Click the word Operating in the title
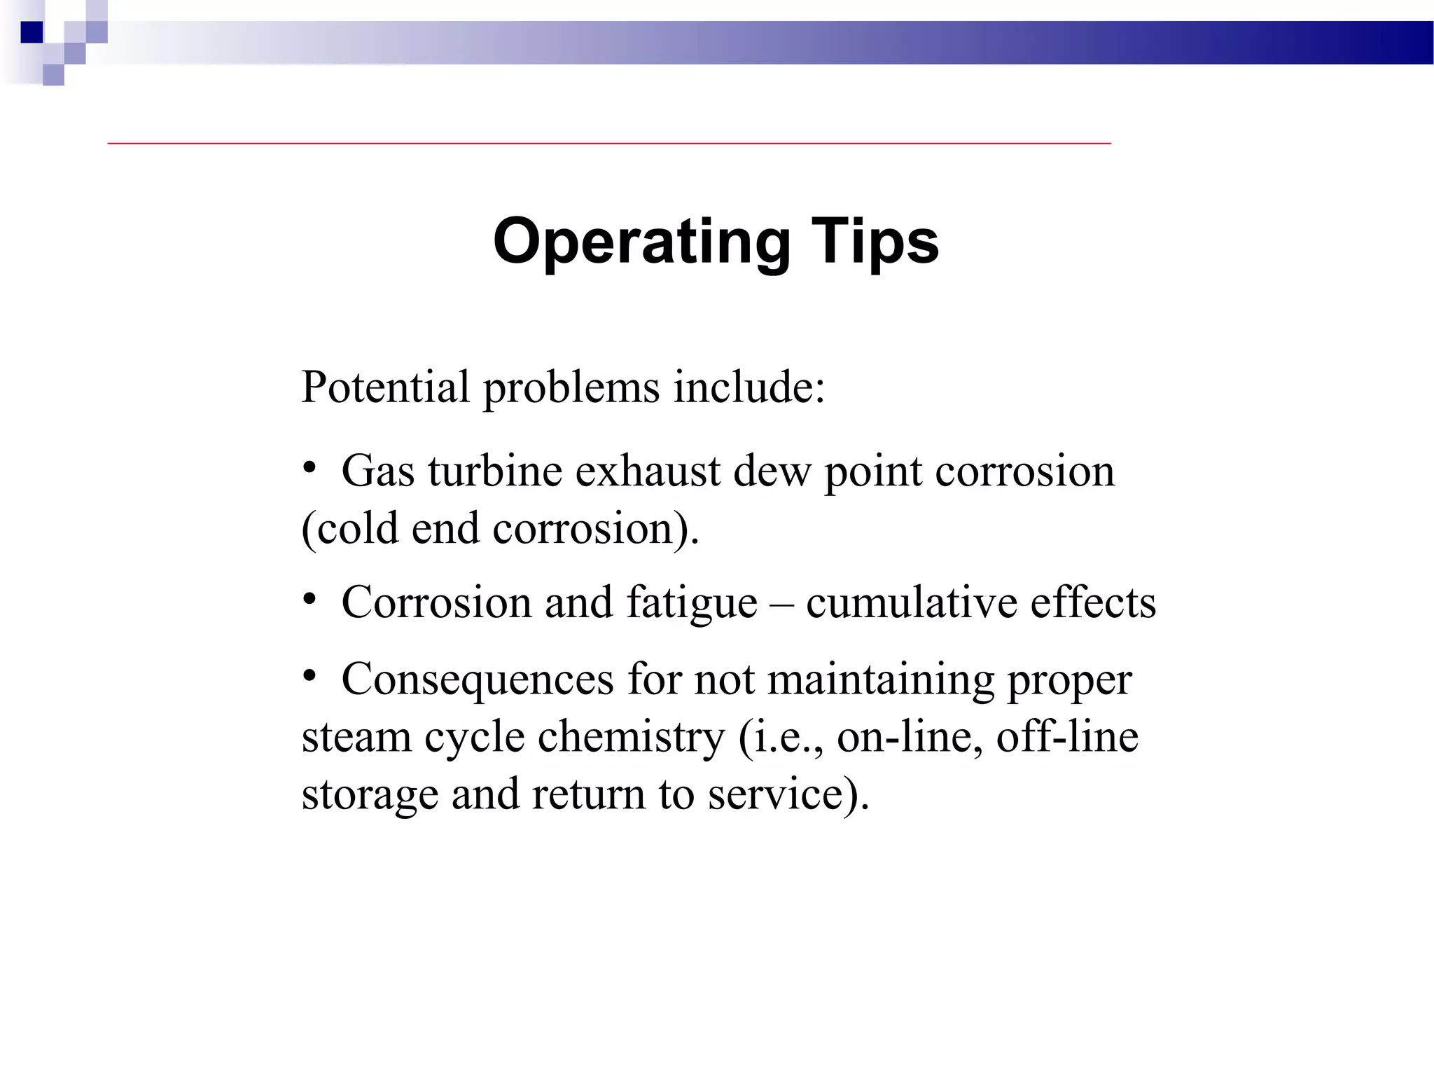(641, 242)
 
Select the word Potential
(385, 387)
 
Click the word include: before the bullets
(749, 387)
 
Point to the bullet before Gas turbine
(310, 467)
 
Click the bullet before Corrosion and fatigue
(310, 599)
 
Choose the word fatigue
(691, 603)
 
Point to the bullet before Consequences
(310, 676)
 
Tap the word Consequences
(478, 680)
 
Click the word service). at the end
(788, 795)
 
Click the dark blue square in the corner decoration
(32, 32)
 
